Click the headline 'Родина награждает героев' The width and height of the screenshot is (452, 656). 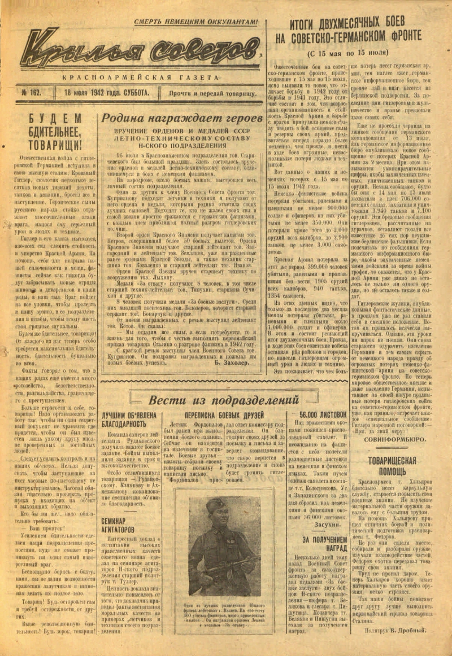point(181,119)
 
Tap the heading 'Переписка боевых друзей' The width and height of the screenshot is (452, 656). point(224,416)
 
